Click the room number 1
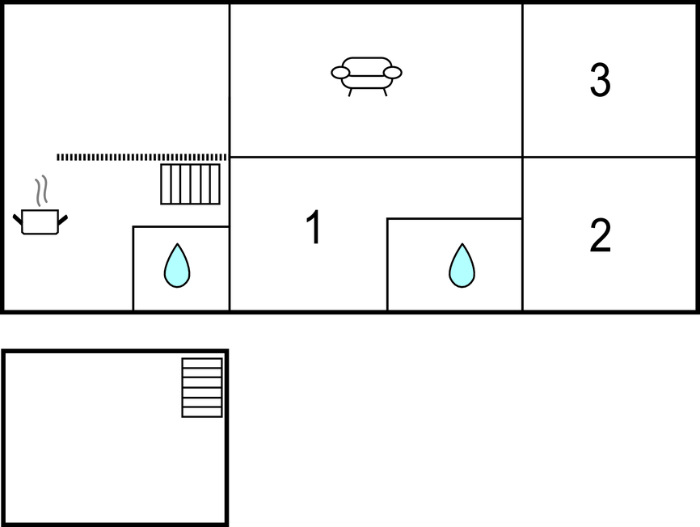[x=315, y=226]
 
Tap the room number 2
[x=601, y=235]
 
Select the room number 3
[x=601, y=79]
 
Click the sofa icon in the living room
[x=366, y=76]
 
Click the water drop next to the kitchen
[x=177, y=265]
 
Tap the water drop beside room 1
[x=462, y=265]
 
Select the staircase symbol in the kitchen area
[x=190, y=184]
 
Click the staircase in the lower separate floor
[x=202, y=387]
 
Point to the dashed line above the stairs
[x=141, y=157]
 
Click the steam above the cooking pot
[x=41, y=191]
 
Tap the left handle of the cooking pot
[x=18, y=219]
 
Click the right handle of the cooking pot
[x=63, y=220]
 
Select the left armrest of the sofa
[x=340, y=72]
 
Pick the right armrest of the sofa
[x=393, y=72]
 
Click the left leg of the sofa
[x=351, y=92]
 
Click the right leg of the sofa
[x=385, y=92]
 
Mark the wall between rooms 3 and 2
[x=609, y=157]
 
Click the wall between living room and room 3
[x=522, y=80]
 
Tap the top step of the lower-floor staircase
[x=202, y=363]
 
